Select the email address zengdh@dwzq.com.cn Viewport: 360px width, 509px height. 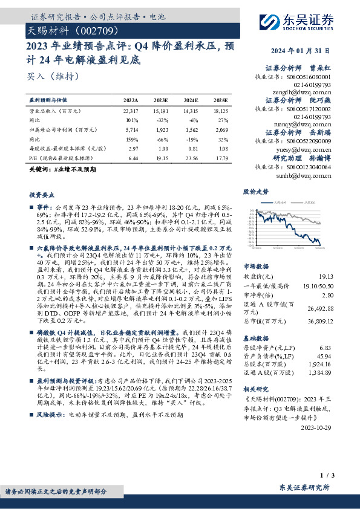point(303,91)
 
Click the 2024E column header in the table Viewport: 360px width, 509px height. point(191,100)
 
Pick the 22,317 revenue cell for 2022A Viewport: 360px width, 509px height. point(130,111)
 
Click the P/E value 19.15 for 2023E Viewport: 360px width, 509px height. point(160,157)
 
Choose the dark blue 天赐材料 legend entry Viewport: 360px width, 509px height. point(280,203)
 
